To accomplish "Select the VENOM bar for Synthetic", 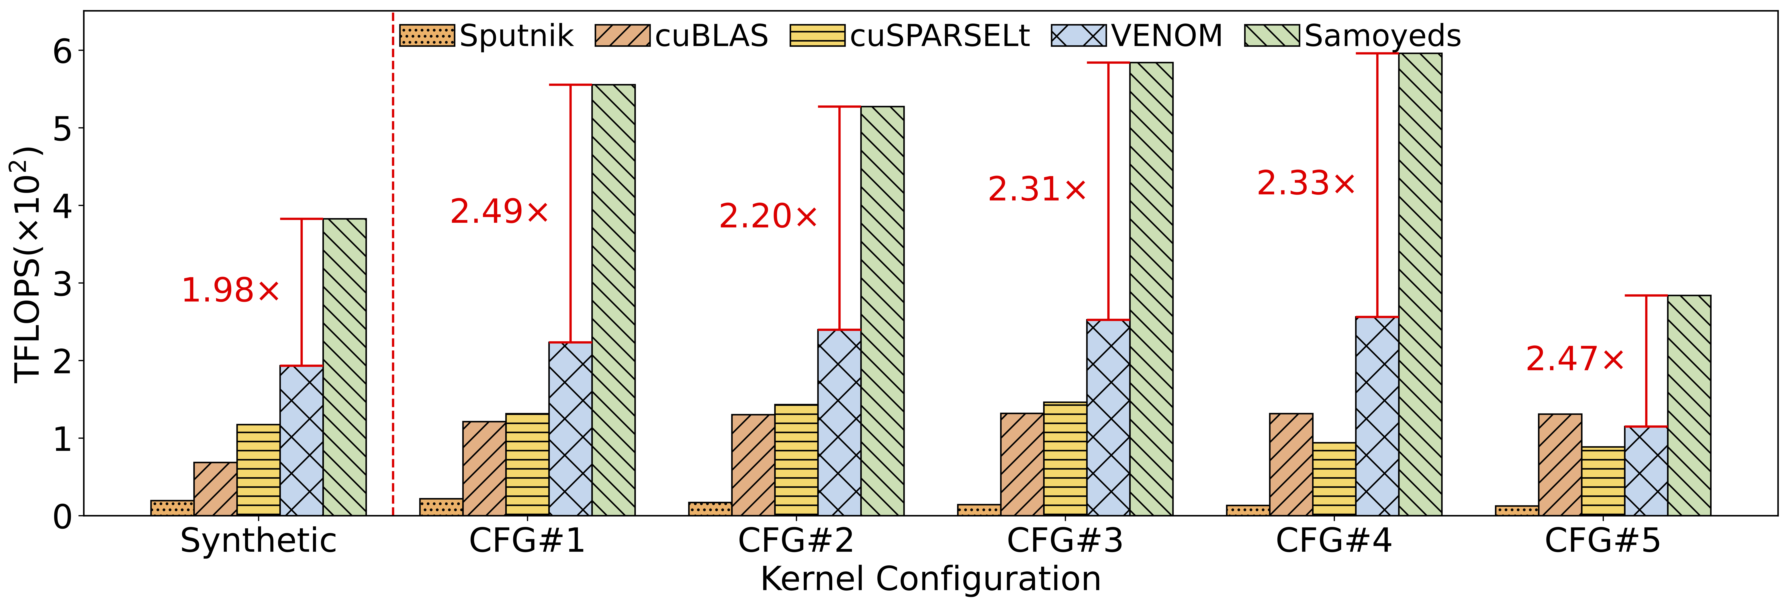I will point(301,441).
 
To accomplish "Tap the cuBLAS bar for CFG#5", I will point(1560,465).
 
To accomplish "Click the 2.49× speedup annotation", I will point(499,212).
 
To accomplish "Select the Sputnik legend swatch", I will point(427,35).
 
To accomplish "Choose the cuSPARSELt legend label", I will point(939,35).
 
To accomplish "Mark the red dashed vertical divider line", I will point(393,278).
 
